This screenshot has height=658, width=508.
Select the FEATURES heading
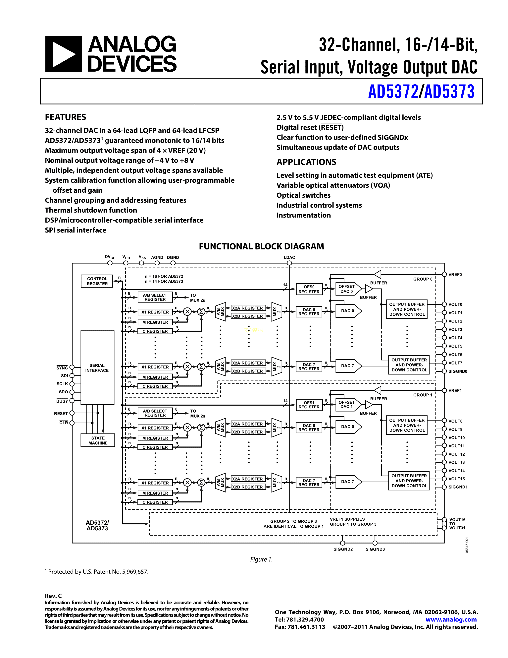65,117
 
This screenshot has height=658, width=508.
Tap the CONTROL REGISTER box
97,281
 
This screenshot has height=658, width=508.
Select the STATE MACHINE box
98,440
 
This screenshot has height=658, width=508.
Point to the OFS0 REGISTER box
309,289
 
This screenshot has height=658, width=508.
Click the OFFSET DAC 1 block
347,404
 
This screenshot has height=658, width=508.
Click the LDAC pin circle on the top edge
289,263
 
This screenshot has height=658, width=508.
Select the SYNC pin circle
72,367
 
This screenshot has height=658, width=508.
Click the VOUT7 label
455,363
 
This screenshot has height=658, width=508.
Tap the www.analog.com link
451,620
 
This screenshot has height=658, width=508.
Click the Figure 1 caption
261,559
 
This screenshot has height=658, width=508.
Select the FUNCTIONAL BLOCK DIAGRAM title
261,246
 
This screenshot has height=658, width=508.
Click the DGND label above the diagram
173,258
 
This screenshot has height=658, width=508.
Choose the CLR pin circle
72,423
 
